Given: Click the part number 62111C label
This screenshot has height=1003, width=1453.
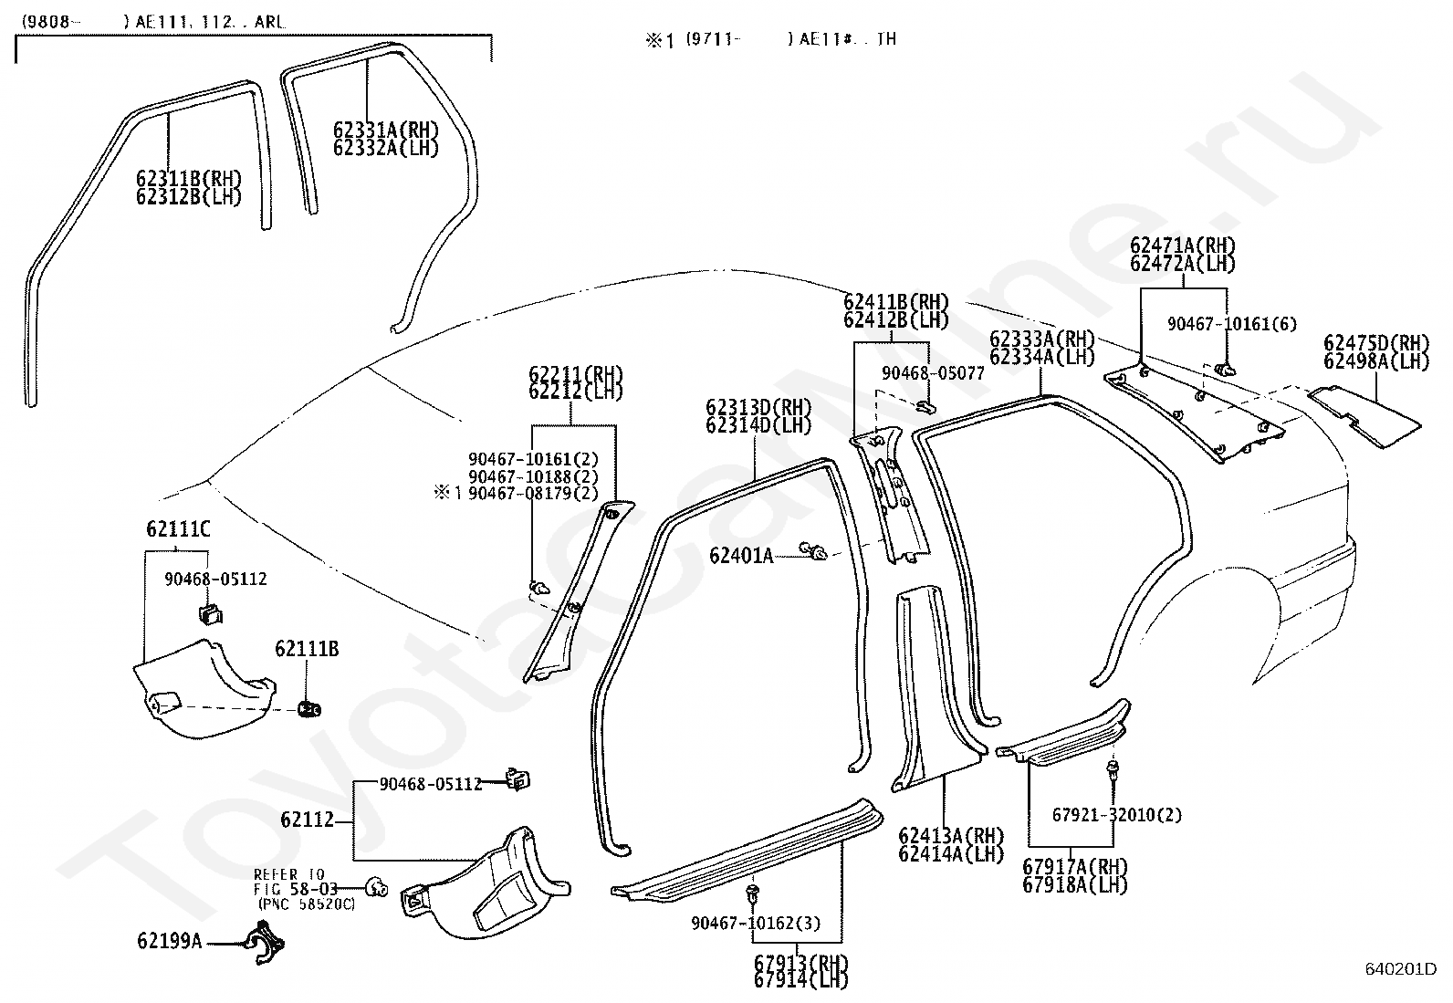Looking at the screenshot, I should [178, 528].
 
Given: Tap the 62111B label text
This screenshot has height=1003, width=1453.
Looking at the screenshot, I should [307, 649].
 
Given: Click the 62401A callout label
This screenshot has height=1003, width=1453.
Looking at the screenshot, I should [741, 554].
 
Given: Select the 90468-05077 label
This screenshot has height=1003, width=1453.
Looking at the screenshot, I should [933, 372].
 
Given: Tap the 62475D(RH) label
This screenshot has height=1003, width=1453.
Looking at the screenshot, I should [1375, 343].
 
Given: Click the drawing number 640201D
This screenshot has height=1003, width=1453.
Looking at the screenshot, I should [1401, 969].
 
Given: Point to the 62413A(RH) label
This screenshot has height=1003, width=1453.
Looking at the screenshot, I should [950, 836].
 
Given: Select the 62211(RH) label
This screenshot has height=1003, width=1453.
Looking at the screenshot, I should [575, 374].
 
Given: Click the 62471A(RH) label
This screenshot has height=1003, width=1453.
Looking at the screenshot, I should [1182, 246].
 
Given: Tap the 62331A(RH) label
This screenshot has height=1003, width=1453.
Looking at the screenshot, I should [385, 131].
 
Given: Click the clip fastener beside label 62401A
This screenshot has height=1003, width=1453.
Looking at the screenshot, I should [815, 549].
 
